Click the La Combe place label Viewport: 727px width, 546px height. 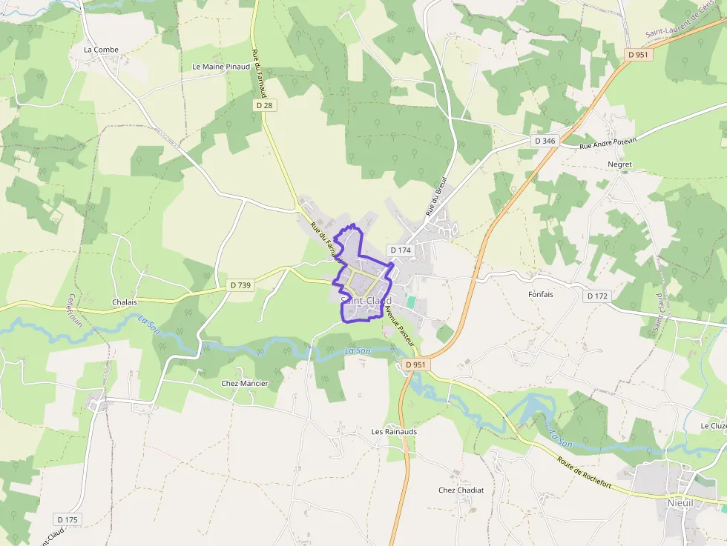[x=101, y=50]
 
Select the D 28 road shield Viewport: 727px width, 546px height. [x=264, y=106]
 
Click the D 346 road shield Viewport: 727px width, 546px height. [x=545, y=141]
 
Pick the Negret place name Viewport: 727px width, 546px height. [x=619, y=164]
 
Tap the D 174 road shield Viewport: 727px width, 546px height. [x=400, y=250]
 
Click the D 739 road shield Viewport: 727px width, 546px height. [x=240, y=284]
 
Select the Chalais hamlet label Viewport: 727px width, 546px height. [x=125, y=302]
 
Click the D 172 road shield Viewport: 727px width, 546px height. [x=597, y=296]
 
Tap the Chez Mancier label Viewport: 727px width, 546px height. [x=245, y=383]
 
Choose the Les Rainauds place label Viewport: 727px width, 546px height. [x=394, y=431]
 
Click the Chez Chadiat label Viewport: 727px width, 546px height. [x=461, y=490]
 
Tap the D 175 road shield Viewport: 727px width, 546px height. [x=67, y=519]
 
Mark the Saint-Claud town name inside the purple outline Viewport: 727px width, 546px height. [x=366, y=301]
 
